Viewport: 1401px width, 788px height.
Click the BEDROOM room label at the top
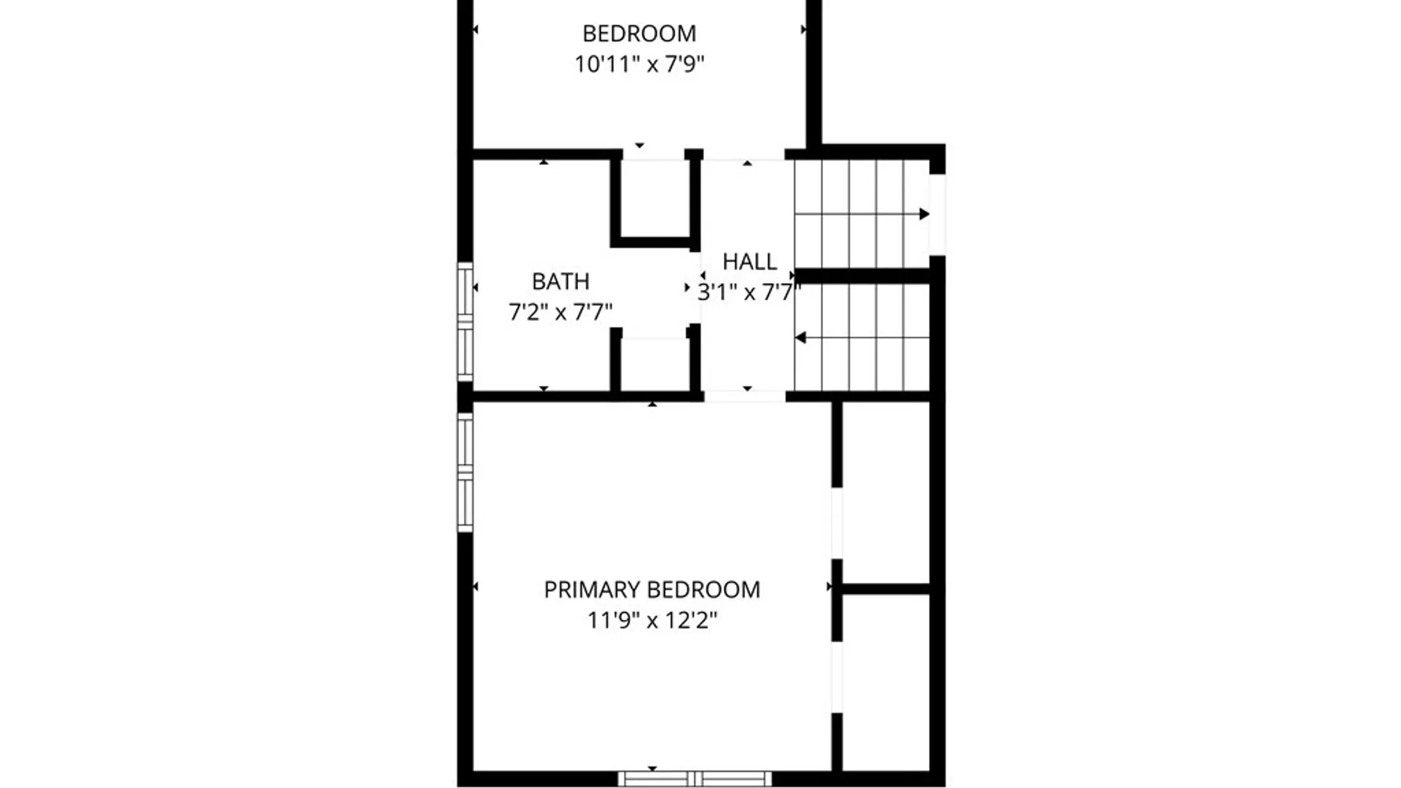coord(639,34)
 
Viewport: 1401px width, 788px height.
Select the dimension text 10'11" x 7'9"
coord(639,64)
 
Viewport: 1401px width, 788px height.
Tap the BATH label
coord(560,281)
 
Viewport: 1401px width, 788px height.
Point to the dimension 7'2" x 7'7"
coord(560,312)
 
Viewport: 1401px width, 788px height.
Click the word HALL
coord(749,261)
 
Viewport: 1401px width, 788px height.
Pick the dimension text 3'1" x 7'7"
coord(749,293)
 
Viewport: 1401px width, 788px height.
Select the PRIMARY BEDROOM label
coord(652,590)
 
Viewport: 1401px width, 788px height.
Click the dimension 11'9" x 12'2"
coord(652,620)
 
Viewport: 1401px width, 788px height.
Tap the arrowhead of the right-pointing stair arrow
coord(925,214)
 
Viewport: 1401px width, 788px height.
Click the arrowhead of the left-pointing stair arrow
coord(800,338)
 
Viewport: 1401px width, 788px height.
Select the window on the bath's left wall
coord(465,322)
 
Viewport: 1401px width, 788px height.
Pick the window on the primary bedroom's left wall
coord(465,472)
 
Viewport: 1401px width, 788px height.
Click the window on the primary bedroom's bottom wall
coord(695,779)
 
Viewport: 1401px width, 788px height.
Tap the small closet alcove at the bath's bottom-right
coord(655,364)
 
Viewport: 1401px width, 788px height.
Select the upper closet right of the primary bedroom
coord(886,492)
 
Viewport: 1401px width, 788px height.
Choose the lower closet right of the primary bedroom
coord(886,681)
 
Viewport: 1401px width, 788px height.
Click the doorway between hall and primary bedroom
coord(745,396)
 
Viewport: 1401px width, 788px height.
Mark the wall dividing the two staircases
coord(862,276)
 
